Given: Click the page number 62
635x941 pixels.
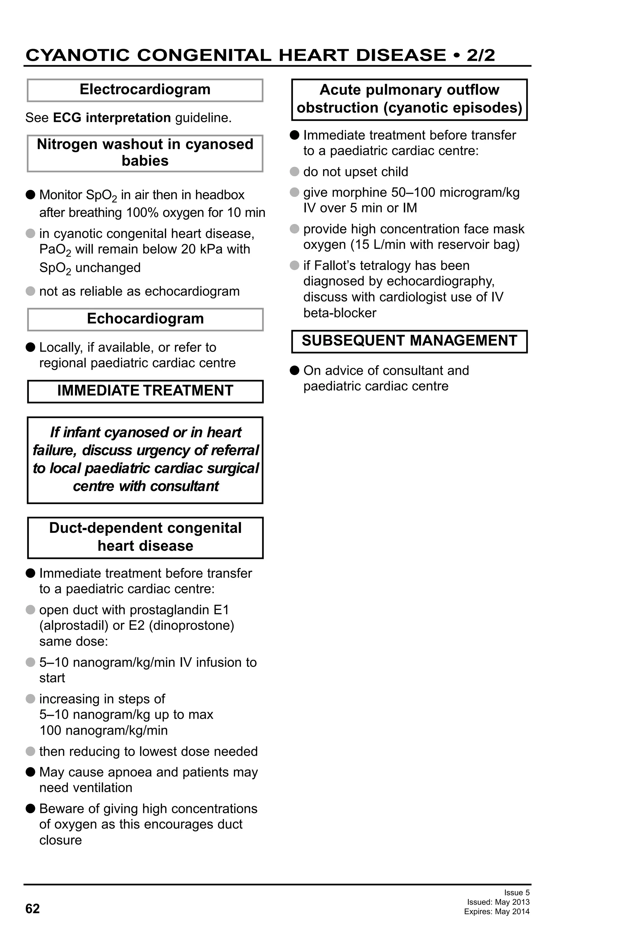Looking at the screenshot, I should click(32, 909).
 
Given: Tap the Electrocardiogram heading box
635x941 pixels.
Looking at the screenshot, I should click(145, 90).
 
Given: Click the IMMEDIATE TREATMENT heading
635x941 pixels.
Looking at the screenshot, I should click(145, 391).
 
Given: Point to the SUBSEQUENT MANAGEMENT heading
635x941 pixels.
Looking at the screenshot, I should click(409, 341).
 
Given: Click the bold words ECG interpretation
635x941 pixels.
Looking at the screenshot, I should click(112, 118).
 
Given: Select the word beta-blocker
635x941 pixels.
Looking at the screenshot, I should click(340, 313).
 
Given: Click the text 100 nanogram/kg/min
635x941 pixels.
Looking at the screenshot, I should click(103, 730).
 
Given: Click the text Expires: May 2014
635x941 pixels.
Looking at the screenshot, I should click(497, 912).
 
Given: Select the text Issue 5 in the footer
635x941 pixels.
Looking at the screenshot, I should click(517, 892).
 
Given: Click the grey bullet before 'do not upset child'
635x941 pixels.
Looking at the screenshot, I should click(295, 172).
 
